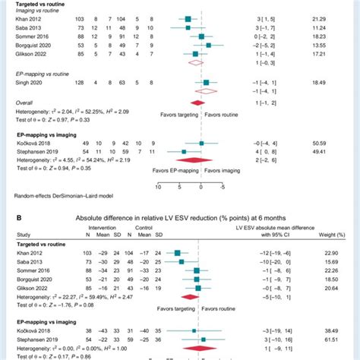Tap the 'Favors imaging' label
[226, 171]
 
